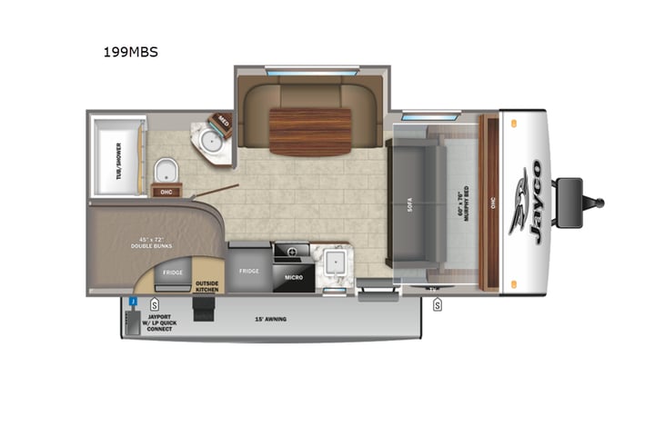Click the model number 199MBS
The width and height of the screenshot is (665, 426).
(131, 52)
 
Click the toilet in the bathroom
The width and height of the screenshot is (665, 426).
(166, 170)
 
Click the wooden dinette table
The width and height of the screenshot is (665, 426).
(310, 131)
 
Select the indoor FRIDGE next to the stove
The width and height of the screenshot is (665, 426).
(248, 271)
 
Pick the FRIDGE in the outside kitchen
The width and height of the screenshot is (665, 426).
(173, 272)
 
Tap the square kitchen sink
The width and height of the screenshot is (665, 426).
(334, 263)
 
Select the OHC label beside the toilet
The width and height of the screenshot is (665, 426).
(166, 192)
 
